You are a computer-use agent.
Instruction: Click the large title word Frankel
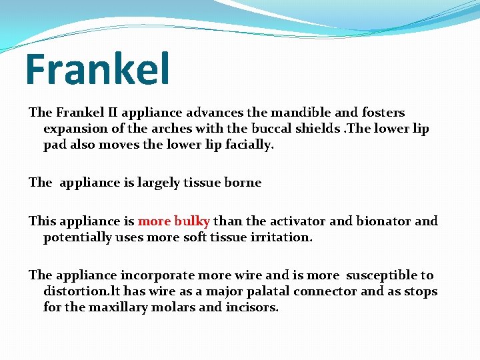pyautogui.click(x=97, y=69)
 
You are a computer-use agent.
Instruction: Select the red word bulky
pyautogui.click(x=192, y=221)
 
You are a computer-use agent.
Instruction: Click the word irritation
pyautogui.click(x=279, y=237)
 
